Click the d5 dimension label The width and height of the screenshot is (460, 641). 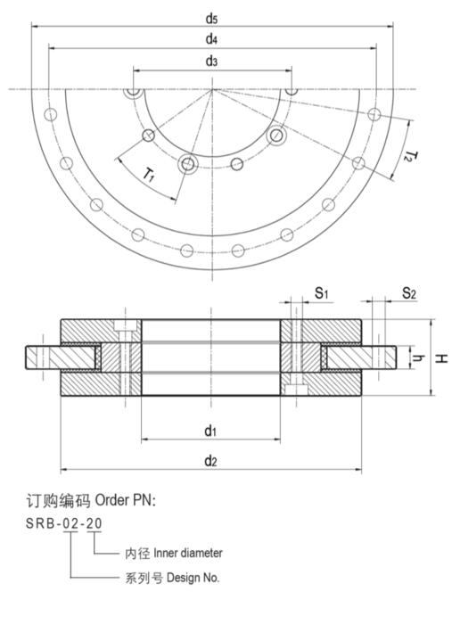tap(211, 19)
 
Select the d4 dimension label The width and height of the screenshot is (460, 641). tap(211, 39)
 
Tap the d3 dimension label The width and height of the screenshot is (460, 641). tap(211, 62)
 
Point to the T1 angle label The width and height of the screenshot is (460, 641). tap(149, 175)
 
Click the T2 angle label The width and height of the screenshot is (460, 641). tap(411, 156)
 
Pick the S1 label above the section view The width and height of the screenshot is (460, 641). tap(321, 292)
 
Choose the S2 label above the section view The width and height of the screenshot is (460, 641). tap(409, 292)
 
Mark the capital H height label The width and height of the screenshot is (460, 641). tap(441, 358)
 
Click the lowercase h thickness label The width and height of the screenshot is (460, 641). tap(418, 358)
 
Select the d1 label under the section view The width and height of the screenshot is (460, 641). tap(210, 431)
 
